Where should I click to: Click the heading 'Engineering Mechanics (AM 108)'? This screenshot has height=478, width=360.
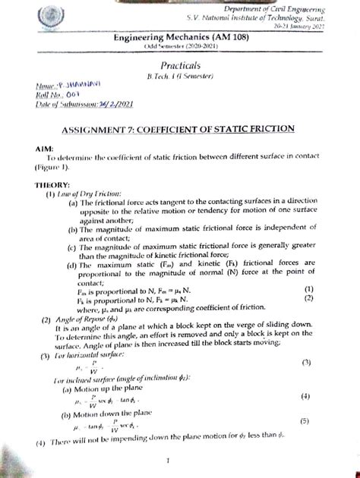(179, 38)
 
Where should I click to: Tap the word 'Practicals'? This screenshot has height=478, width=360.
(182, 66)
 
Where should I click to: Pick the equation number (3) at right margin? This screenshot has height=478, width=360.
(306, 362)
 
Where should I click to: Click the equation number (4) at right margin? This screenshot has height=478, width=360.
(305, 396)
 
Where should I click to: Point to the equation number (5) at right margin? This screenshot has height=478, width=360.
(304, 420)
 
